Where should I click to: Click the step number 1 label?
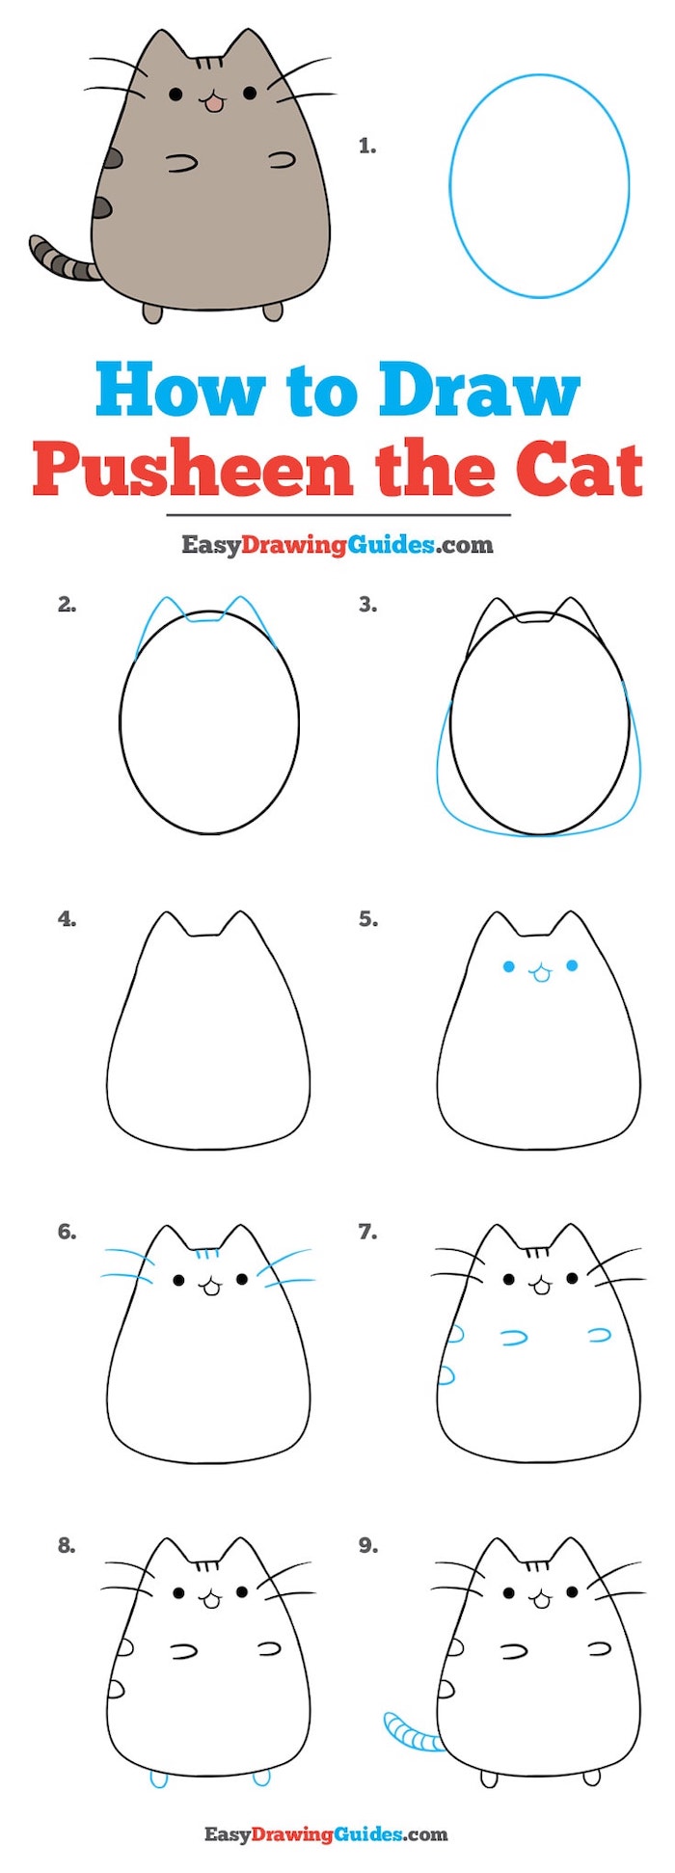point(366,147)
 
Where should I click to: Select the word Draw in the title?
point(479,391)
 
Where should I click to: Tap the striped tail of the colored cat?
point(60,258)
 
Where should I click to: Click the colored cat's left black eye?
point(175,95)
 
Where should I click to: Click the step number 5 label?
point(367,919)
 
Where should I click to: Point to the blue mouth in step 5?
point(540,975)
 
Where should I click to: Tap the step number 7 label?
point(367,1232)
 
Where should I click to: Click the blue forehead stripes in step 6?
point(204,1256)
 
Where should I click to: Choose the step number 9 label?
point(367,1546)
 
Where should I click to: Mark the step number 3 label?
point(367,605)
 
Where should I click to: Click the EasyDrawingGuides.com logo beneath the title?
point(337,545)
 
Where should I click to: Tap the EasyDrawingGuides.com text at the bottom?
point(326,1834)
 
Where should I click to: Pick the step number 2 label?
point(67,605)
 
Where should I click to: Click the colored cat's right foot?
point(273,311)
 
